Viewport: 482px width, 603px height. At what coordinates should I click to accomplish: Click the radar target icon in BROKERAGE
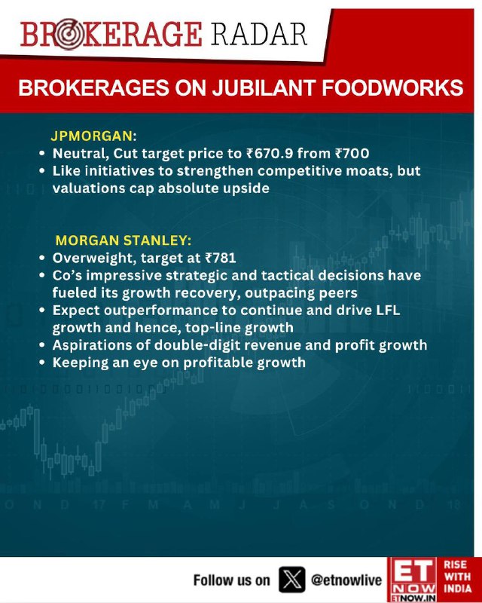pyautogui.click(x=69, y=34)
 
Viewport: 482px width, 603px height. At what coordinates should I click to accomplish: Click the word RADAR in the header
pyautogui.click(x=258, y=34)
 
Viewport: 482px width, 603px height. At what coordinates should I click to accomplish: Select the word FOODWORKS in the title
pyautogui.click(x=392, y=88)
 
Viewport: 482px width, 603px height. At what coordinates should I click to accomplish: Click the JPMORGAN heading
pyautogui.click(x=93, y=136)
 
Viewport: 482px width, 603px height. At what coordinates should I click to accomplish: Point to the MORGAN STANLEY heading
pyautogui.click(x=123, y=240)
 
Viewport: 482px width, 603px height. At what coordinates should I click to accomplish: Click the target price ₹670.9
pyautogui.click(x=270, y=154)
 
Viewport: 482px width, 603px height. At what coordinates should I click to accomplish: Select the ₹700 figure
pyautogui.click(x=352, y=154)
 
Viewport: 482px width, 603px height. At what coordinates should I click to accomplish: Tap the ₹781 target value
pyautogui.click(x=220, y=258)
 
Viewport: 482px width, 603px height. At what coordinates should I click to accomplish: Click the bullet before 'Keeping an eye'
pyautogui.click(x=42, y=363)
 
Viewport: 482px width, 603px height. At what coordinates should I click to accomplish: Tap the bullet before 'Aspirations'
pyautogui.click(x=42, y=345)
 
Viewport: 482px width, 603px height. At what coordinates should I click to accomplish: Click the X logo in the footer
pyautogui.click(x=291, y=580)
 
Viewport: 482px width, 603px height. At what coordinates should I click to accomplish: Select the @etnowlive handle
pyautogui.click(x=346, y=580)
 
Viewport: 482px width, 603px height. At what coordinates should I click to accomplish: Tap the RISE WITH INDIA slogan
pyautogui.click(x=457, y=577)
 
